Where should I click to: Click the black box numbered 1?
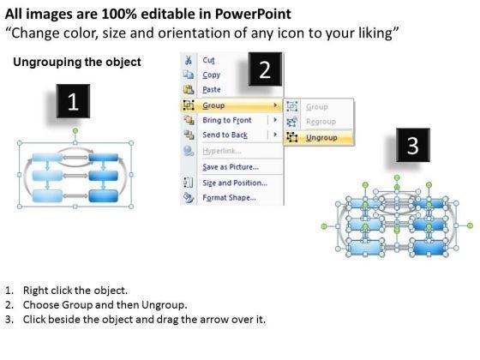pos(73,101)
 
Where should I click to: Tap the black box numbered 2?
pos(265,69)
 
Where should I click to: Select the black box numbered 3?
pos(413,145)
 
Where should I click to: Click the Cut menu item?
pos(209,60)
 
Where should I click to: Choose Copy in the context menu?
pos(211,75)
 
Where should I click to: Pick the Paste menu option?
pos(212,90)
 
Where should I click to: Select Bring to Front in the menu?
pos(227,120)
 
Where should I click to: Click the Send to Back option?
pos(225,135)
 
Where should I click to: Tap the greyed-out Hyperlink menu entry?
pos(222,151)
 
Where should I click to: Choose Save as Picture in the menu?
pos(231,167)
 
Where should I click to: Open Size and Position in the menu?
pos(235,183)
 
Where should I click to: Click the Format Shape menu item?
pos(230,197)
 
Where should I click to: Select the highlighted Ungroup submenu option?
pos(321,138)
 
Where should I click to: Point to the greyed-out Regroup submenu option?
pos(321,122)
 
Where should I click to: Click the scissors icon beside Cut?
pos(189,60)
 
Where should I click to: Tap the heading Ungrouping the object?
pos(77,62)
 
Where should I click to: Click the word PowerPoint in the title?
pos(253,14)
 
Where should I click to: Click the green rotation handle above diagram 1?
pos(75,131)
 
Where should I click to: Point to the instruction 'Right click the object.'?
pos(75,291)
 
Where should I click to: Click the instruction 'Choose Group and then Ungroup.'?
pos(105,305)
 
